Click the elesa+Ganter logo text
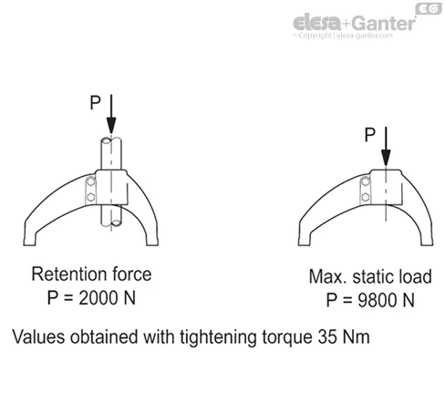click(x=354, y=22)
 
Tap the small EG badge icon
click(x=429, y=8)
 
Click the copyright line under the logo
click(x=343, y=36)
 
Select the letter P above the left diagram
click(x=95, y=102)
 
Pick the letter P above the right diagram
click(x=370, y=135)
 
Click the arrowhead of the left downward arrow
click(x=111, y=126)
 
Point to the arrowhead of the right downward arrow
click(x=386, y=158)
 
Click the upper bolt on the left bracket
click(x=90, y=182)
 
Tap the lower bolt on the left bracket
click(x=90, y=197)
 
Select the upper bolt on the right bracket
click(x=366, y=182)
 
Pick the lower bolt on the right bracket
click(x=366, y=197)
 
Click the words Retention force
click(x=91, y=274)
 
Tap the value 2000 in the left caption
click(x=98, y=297)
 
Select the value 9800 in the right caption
click(x=378, y=300)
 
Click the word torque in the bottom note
click(x=287, y=338)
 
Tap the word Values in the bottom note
click(x=38, y=336)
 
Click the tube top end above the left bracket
click(x=111, y=140)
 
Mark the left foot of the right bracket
click(x=305, y=239)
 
